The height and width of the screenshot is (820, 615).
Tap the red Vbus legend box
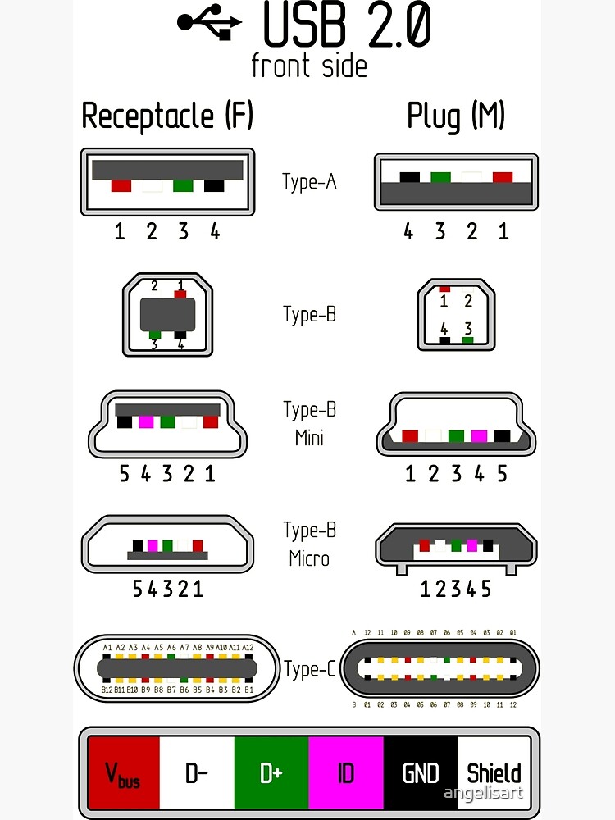coord(123,772)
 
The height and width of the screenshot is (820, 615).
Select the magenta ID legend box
coord(346,772)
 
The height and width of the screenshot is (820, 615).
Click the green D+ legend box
coord(271,772)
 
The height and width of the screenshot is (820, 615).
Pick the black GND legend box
coord(421,772)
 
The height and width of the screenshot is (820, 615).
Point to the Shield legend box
coord(494,772)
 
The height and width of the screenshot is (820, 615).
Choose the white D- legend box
coord(197,772)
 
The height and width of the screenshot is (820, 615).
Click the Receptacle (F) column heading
coord(167,116)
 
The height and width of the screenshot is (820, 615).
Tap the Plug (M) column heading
coord(456,116)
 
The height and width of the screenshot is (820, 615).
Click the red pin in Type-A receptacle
coord(121,186)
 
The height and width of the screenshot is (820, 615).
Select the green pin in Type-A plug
coord(440,177)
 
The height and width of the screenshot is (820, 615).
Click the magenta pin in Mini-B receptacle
coord(147,422)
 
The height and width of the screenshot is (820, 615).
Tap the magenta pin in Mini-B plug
coord(480,435)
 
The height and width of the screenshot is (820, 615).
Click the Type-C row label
coord(310,669)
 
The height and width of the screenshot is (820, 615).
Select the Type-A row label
coord(309,181)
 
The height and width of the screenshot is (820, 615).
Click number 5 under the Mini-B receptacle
coord(125,473)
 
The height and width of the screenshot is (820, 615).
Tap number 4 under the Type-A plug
coord(408,231)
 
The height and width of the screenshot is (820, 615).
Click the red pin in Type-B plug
coord(444,289)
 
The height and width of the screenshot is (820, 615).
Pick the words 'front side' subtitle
coord(309,66)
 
